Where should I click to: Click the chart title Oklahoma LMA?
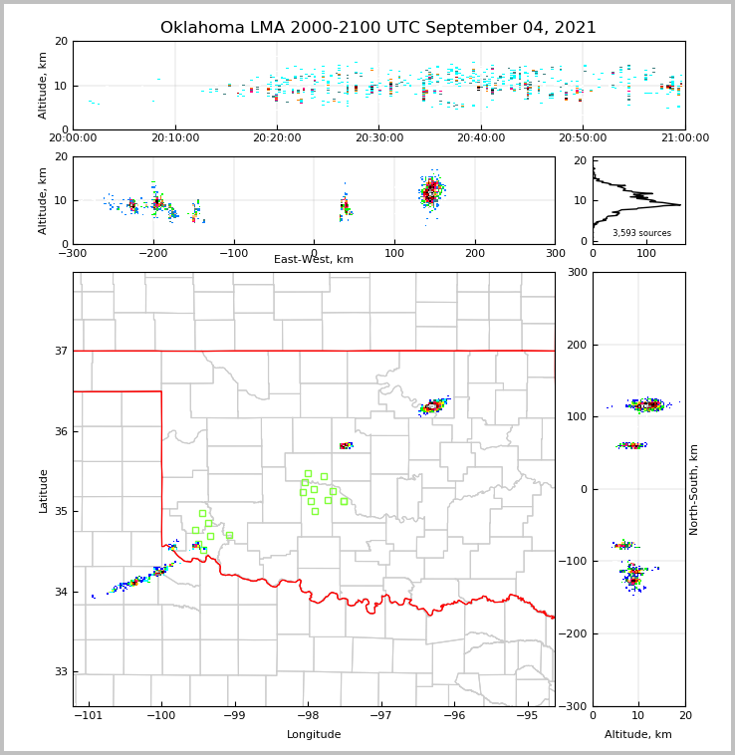378,28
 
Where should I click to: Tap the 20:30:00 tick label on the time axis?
379,138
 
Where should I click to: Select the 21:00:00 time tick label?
685,138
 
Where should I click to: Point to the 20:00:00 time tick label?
74,138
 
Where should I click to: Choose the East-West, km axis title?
314,260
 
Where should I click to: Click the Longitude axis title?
314,735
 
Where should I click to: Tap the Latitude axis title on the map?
44,490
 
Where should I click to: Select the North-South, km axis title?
694,489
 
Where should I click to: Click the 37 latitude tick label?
60,351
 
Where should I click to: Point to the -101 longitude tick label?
89,716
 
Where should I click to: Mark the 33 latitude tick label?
60,672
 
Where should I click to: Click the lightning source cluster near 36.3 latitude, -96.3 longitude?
434,405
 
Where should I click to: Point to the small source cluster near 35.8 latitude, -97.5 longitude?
346,445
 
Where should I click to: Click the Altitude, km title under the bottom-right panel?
638,735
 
